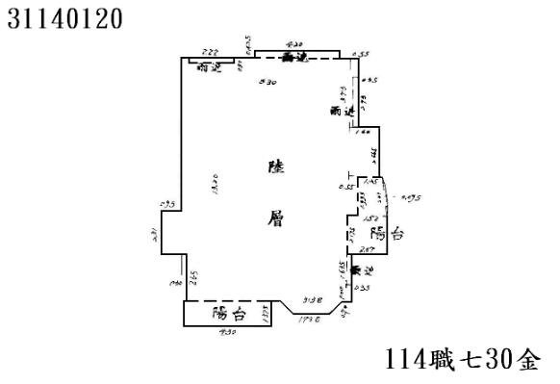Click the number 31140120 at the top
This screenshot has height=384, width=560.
[64, 18]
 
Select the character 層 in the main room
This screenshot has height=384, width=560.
[277, 218]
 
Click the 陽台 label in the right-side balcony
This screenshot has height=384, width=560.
[386, 234]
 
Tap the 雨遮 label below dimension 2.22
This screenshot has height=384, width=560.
[209, 67]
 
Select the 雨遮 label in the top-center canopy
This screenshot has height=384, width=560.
[294, 58]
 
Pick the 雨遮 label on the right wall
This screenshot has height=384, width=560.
[341, 112]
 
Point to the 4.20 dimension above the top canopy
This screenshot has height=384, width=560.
[295, 44]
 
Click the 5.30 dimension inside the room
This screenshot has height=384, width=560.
[271, 83]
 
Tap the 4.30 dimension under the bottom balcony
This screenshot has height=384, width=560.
[228, 333]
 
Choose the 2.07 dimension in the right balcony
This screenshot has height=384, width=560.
[367, 248]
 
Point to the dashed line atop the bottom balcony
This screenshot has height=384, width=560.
[230, 300]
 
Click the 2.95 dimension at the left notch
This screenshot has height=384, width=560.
[166, 204]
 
